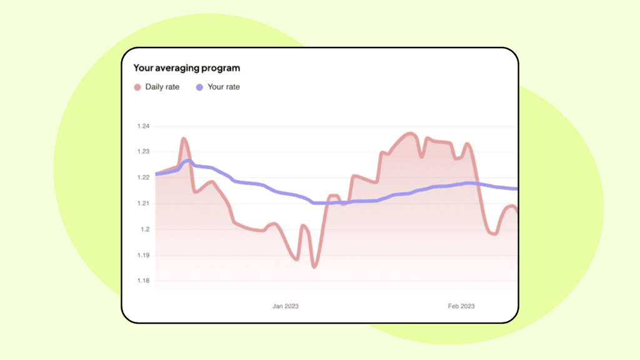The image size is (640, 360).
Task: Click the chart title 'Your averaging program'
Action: click(x=186, y=67)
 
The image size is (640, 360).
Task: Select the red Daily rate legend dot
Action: click(x=137, y=87)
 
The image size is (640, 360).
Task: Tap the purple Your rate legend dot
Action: click(x=199, y=87)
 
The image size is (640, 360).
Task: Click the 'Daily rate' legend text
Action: click(x=162, y=87)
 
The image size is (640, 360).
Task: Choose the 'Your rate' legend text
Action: click(x=223, y=87)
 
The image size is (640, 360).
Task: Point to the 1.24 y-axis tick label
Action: click(x=143, y=126)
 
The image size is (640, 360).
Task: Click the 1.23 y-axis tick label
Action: click(x=143, y=152)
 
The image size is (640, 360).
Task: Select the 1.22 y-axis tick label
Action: click(x=143, y=177)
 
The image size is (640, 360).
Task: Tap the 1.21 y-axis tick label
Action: click(x=143, y=204)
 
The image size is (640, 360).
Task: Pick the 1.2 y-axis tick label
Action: click(x=145, y=229)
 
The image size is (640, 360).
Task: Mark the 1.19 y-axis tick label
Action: click(x=143, y=256)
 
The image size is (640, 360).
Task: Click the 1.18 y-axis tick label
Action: click(x=143, y=281)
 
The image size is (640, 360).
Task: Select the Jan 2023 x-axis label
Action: click(x=285, y=306)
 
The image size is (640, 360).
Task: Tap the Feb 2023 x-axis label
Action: click(x=461, y=306)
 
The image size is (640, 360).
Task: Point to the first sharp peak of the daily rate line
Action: click(x=184, y=139)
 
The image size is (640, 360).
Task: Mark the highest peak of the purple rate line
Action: click(x=187, y=161)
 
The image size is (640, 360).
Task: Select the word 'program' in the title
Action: click(x=223, y=68)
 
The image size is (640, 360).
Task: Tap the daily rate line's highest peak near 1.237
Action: click(x=410, y=133)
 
